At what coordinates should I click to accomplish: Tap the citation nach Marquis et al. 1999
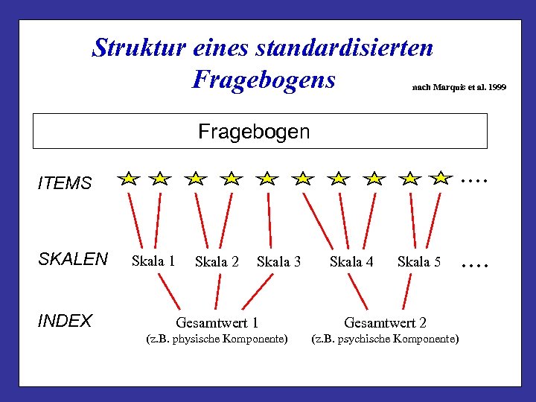[458, 88]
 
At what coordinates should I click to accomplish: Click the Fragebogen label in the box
[254, 132]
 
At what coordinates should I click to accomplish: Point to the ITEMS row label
[65, 183]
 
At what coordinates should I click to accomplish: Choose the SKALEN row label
[73, 259]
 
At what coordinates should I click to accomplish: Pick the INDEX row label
[65, 321]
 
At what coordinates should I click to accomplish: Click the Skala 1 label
[153, 261]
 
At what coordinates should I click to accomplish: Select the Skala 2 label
[217, 262]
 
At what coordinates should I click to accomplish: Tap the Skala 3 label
[278, 262]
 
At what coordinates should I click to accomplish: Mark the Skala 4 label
[351, 262]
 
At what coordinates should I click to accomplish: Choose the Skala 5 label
[419, 262]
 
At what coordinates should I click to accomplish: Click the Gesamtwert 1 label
[217, 323]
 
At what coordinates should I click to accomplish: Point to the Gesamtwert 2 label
[385, 323]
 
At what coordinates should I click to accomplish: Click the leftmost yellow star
[130, 179]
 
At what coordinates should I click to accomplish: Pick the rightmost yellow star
[441, 178]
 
